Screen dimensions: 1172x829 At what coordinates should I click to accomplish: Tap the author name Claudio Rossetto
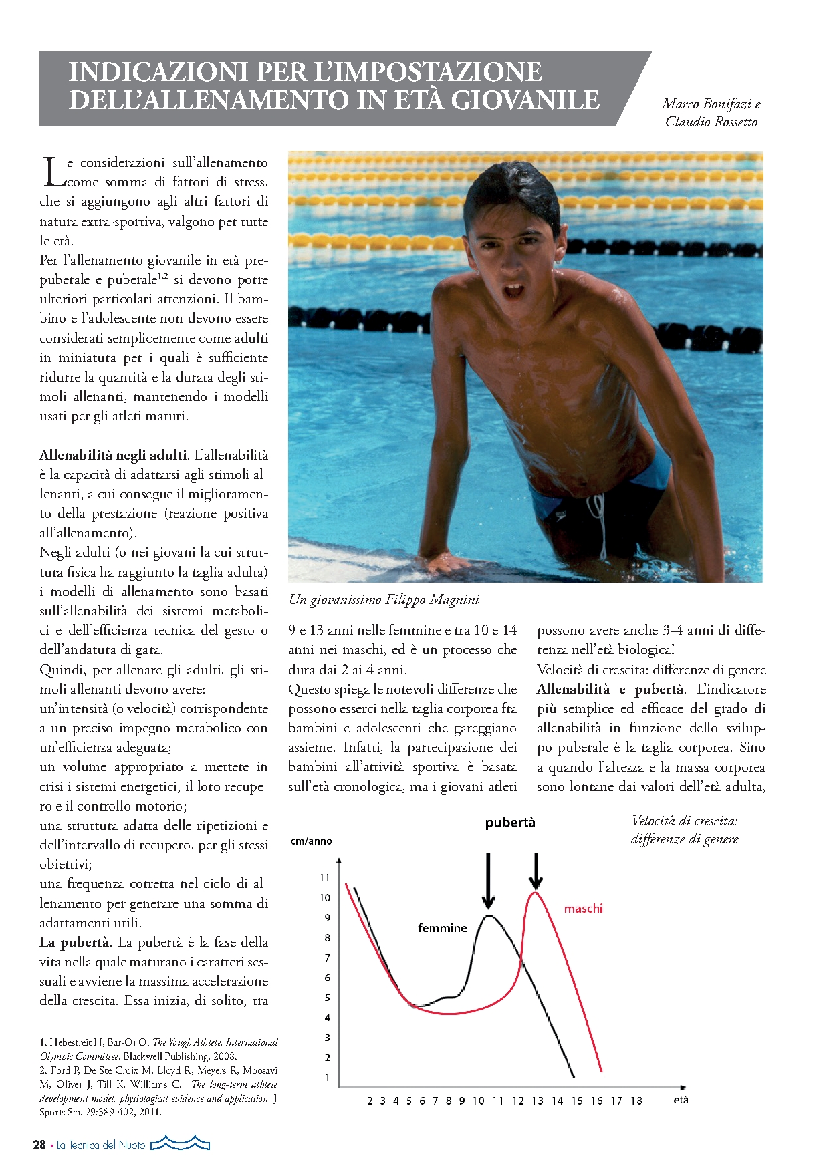711,122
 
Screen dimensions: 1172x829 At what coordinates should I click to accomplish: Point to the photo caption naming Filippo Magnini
384,599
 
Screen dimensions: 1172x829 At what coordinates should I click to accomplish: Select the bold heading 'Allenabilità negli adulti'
113,455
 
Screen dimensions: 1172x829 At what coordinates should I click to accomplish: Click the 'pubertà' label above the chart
510,823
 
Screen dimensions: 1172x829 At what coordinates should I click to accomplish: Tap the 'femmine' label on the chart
442,927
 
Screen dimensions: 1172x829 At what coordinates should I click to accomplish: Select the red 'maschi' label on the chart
583,908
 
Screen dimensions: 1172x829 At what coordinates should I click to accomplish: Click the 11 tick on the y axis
325,877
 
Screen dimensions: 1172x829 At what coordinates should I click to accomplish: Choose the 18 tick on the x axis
636,1101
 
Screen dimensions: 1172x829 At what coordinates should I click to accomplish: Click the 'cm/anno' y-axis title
311,841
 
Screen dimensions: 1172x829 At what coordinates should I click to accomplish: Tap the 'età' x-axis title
681,1099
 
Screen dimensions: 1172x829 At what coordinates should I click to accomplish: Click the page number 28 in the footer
39,1145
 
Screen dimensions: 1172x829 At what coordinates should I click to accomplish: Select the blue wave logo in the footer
180,1143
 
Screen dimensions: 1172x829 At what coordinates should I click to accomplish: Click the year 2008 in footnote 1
225,1056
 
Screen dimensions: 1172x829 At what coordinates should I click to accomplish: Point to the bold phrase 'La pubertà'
74,942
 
